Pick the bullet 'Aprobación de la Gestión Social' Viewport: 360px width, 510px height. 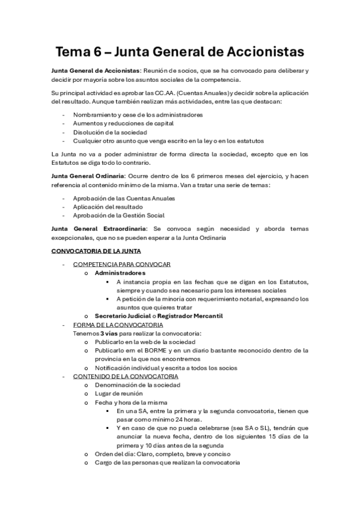pyautogui.click(x=118, y=215)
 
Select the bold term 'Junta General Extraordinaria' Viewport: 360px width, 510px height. pyautogui.click(x=96, y=229)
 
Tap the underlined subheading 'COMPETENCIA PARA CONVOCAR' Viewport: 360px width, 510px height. pyautogui.click(x=121, y=264)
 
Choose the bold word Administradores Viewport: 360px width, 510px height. pyautogui.click(x=120, y=272)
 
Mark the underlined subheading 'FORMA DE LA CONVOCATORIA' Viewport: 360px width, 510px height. pyautogui.click(x=118, y=325)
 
